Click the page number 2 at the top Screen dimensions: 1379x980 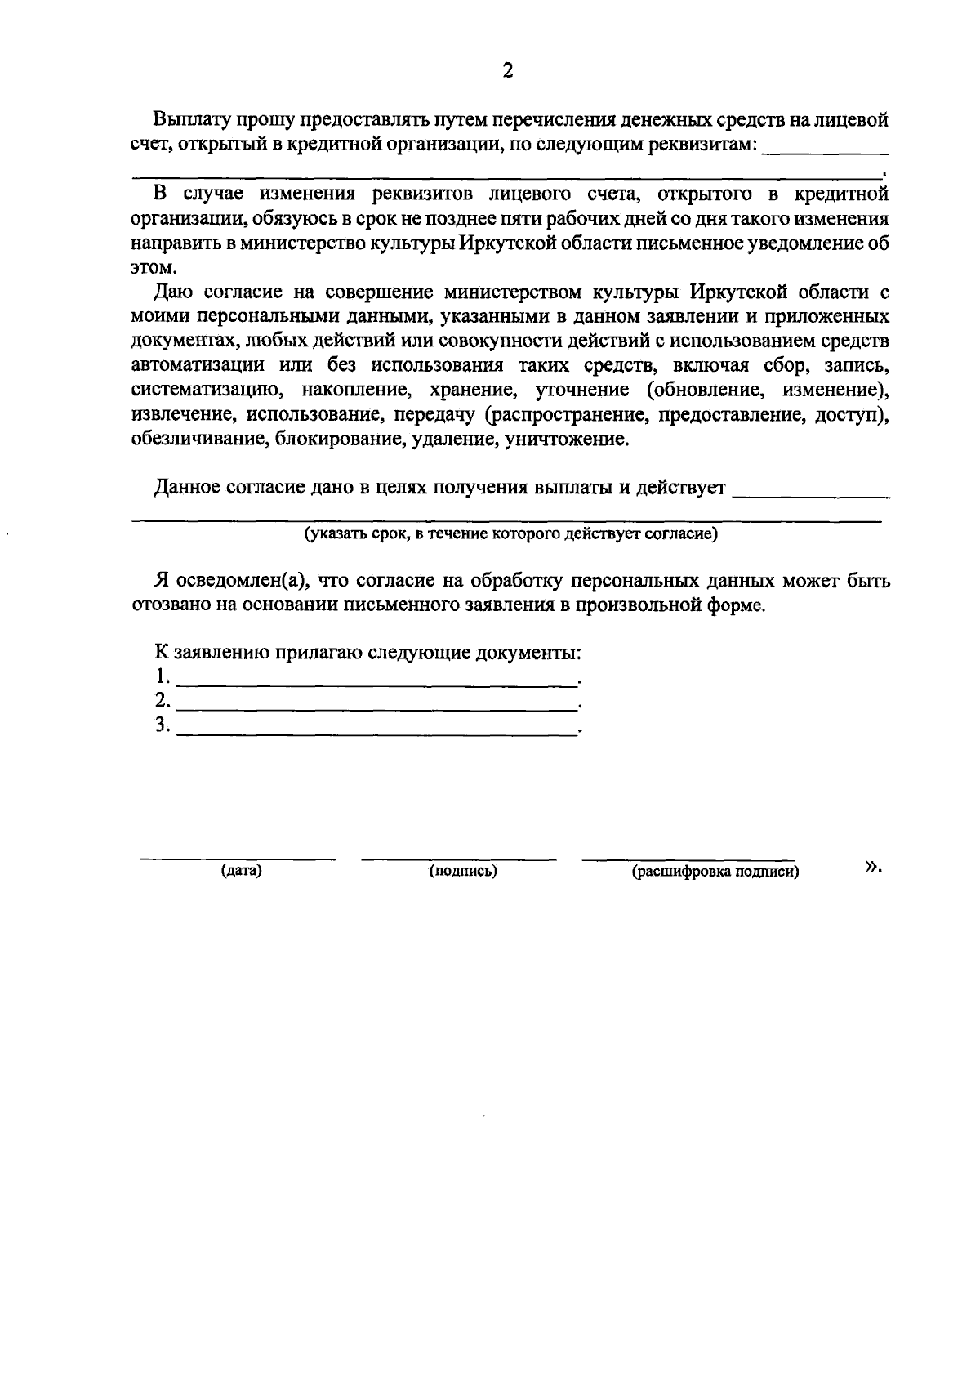(x=508, y=71)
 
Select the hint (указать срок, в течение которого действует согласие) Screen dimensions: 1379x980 (x=510, y=535)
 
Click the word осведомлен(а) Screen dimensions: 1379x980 (x=246, y=581)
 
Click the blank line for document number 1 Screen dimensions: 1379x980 (x=376, y=683)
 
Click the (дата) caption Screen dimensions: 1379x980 (x=241, y=871)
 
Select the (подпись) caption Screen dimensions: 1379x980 (x=463, y=871)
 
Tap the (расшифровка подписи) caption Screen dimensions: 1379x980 (x=715, y=872)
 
